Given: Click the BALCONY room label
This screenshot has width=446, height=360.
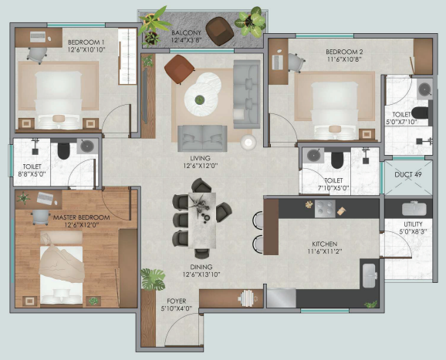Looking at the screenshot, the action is point(186,32).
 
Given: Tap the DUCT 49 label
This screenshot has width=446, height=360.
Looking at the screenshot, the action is point(408,174).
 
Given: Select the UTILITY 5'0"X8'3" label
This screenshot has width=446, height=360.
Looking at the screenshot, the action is point(413,227).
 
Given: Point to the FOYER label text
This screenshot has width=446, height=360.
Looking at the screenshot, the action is point(177,301).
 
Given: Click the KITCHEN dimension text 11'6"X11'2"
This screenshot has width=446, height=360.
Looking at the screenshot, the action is point(325,251).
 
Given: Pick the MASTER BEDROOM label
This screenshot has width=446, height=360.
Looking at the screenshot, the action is point(81,217).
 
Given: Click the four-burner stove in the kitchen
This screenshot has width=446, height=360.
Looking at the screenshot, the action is point(325,209).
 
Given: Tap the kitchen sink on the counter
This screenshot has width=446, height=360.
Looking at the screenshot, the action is point(370,276).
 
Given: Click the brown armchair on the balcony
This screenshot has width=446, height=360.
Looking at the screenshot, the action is point(220,31).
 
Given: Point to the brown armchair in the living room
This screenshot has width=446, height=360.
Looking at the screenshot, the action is point(179,69).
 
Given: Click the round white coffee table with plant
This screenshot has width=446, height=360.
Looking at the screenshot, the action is point(201,99).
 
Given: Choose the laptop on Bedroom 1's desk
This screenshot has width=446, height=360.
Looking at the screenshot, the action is point(38,37).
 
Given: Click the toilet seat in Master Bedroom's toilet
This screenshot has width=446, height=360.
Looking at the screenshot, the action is point(63,151).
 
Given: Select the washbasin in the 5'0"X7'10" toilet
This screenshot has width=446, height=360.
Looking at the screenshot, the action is point(424,89).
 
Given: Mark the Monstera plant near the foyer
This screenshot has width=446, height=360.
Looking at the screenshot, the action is point(154,279).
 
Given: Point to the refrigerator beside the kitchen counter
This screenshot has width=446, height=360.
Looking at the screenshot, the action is point(282,298).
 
